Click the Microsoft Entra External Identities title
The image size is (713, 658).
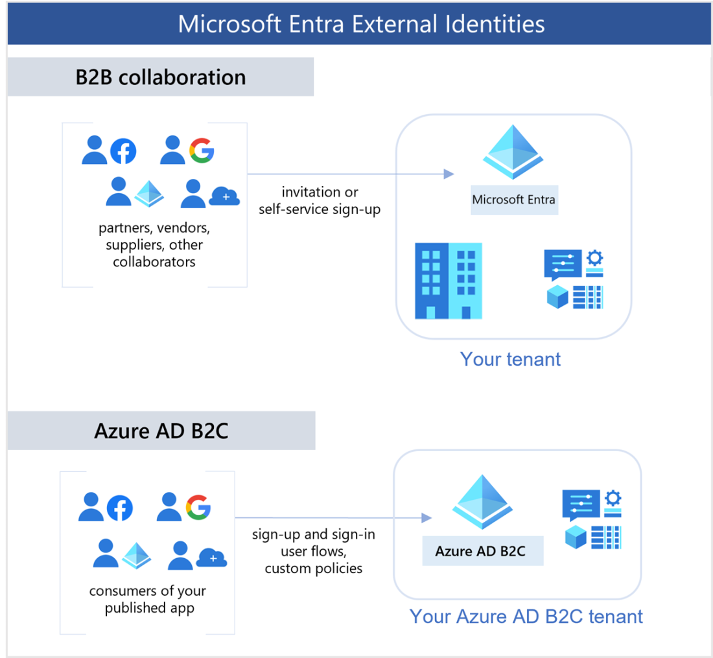coord(360,24)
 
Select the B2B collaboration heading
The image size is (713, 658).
coord(160,77)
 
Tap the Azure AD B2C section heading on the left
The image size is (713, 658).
coord(161,430)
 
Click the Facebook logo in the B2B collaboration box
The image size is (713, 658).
coord(123,152)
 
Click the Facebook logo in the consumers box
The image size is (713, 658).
coord(119,508)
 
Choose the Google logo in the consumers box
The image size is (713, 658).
coord(198,506)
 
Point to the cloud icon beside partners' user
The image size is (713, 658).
coord(224,195)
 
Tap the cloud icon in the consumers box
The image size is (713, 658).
coord(211,558)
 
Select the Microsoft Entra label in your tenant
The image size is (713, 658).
coord(513,199)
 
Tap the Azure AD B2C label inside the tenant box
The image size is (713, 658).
coord(480,551)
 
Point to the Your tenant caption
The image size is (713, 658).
coord(510,359)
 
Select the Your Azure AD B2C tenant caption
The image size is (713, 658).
coord(526,616)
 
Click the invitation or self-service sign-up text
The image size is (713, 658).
coord(320,200)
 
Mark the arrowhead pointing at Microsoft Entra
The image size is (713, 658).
coord(448,174)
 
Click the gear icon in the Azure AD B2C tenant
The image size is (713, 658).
coord(612,499)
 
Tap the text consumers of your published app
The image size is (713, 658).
coord(148,599)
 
